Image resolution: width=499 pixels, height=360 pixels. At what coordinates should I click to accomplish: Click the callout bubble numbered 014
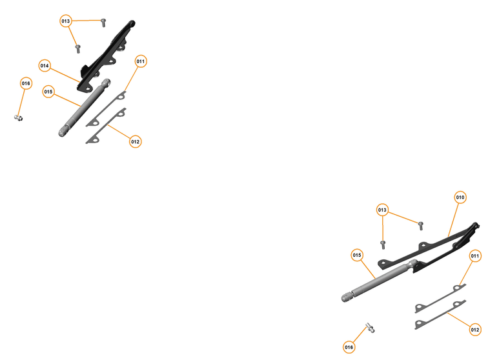coord(45,66)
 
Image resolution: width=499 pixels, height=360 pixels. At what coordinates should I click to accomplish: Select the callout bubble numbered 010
coord(460,197)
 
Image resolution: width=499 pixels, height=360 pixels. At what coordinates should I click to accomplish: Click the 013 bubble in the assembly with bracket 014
coord(66,21)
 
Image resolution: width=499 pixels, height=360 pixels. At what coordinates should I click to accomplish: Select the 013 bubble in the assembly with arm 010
coord(383,210)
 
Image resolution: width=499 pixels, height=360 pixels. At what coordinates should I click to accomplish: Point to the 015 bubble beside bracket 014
coord(48,92)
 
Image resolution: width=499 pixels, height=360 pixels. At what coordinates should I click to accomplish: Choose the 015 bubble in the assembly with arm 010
coord(357,255)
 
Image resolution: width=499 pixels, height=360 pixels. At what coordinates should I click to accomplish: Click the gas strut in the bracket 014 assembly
coord(84,108)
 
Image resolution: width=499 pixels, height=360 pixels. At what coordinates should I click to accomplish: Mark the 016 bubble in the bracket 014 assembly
coord(26,83)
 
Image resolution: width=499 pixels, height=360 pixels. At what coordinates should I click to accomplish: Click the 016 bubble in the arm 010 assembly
coord(349,347)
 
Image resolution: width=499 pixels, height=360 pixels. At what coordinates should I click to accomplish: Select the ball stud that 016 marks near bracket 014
coord(19,117)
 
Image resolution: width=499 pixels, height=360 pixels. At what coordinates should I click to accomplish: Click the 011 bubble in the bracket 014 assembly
coord(141,61)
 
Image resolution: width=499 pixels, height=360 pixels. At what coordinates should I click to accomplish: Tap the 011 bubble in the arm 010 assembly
coord(475,256)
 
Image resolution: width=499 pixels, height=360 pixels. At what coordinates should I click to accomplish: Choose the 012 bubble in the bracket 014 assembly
coord(135,141)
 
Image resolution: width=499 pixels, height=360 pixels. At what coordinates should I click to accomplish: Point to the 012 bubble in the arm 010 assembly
coord(475,330)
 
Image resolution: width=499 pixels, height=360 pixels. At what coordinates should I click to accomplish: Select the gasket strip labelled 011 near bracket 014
coord(107,107)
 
